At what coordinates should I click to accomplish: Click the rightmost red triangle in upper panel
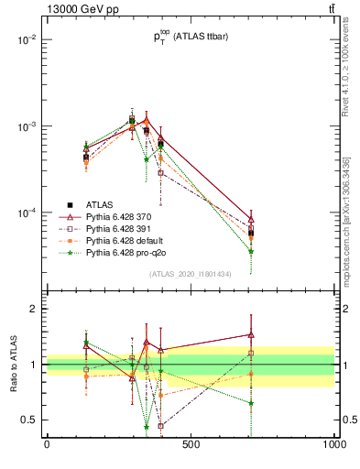coord(251,220)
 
